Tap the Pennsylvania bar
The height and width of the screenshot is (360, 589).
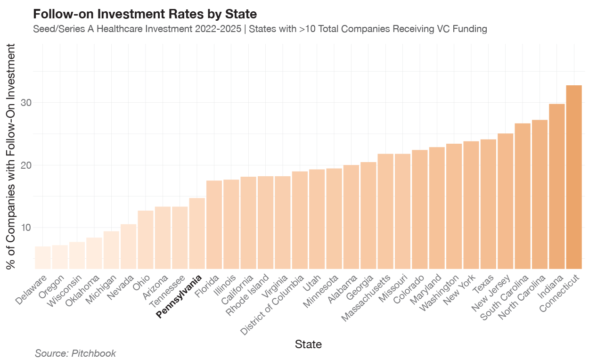tap(197, 233)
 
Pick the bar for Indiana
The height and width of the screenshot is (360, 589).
tap(557, 186)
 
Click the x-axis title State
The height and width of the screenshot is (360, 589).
tap(308, 344)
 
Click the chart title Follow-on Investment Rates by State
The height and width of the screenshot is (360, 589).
tap(145, 14)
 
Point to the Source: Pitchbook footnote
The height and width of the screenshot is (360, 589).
tap(75, 353)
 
